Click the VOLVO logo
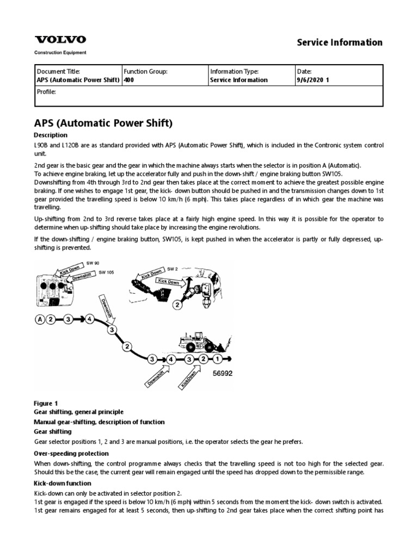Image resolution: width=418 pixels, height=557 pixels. (x=60, y=40)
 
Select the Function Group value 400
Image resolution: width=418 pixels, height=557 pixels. (x=130, y=80)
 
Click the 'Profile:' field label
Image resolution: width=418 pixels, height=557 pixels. (x=46, y=91)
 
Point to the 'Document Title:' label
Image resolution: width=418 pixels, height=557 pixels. (x=58, y=71)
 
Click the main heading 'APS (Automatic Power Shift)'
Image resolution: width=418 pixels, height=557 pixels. (x=103, y=123)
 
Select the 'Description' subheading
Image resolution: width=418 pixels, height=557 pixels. (x=51, y=135)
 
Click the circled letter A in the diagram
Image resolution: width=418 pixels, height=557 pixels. (x=39, y=319)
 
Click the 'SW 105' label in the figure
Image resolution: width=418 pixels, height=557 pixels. (x=107, y=272)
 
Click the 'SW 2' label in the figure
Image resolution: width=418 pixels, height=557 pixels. (x=172, y=268)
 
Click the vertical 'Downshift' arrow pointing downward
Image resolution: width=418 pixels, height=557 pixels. (x=106, y=308)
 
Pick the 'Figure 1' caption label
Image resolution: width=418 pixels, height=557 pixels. (x=46, y=403)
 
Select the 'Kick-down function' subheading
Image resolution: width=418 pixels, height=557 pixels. (x=63, y=483)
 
